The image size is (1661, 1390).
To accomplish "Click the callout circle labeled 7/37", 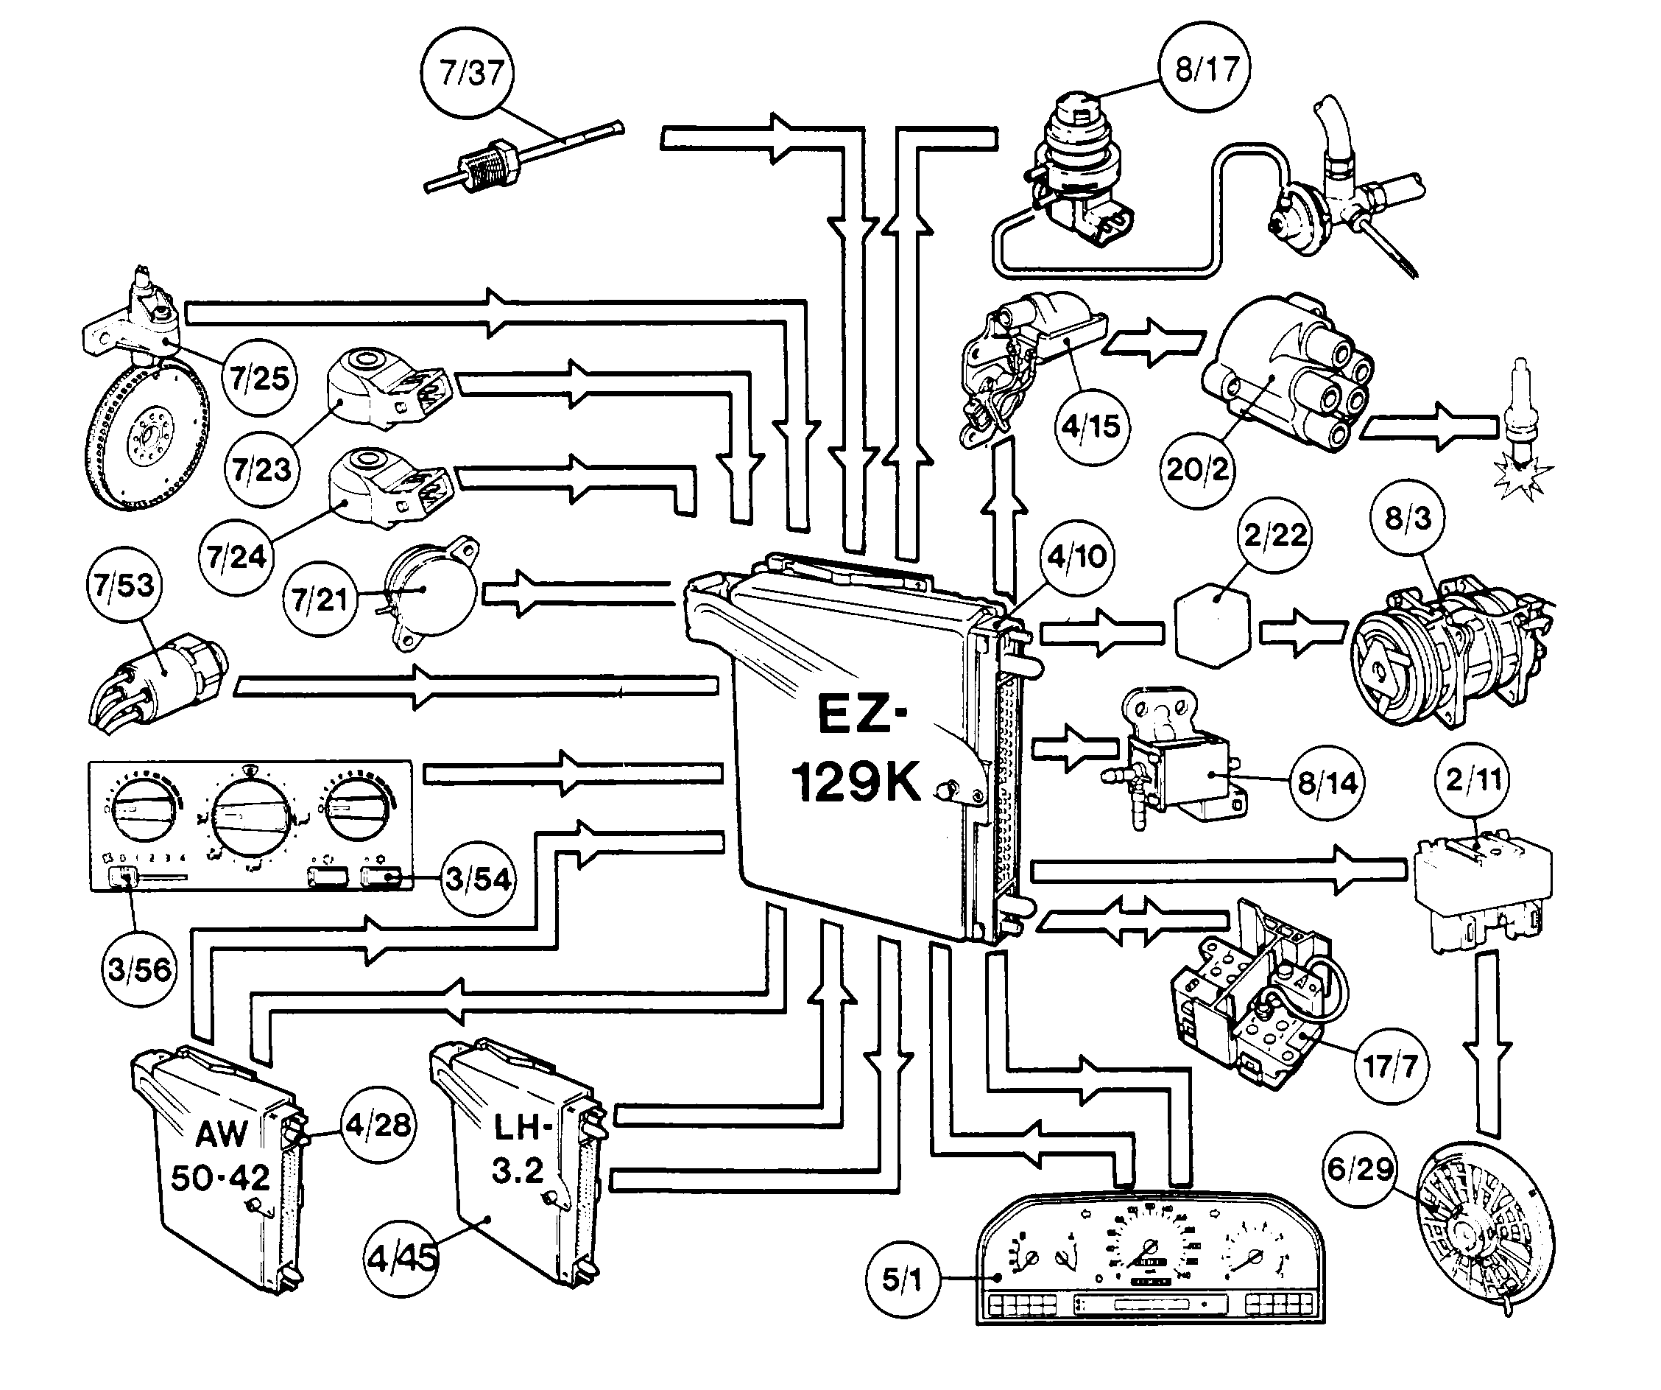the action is coord(468,73).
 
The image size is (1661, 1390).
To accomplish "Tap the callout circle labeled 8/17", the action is coord(1205,69).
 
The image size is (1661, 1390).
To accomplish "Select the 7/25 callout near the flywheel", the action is coord(259,378).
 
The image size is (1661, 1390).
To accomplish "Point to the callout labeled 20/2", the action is coord(1196,468).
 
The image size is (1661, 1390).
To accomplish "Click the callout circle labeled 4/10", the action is coord(1076,556).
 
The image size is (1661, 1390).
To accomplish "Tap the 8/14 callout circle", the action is coord(1327,782).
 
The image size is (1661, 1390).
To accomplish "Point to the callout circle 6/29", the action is coord(1360,1168).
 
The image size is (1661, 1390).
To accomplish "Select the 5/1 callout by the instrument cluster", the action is coord(902,1280).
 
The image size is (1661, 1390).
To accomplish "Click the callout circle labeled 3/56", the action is coord(139,969).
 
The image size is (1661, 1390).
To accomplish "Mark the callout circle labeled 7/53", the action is coord(124,586).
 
